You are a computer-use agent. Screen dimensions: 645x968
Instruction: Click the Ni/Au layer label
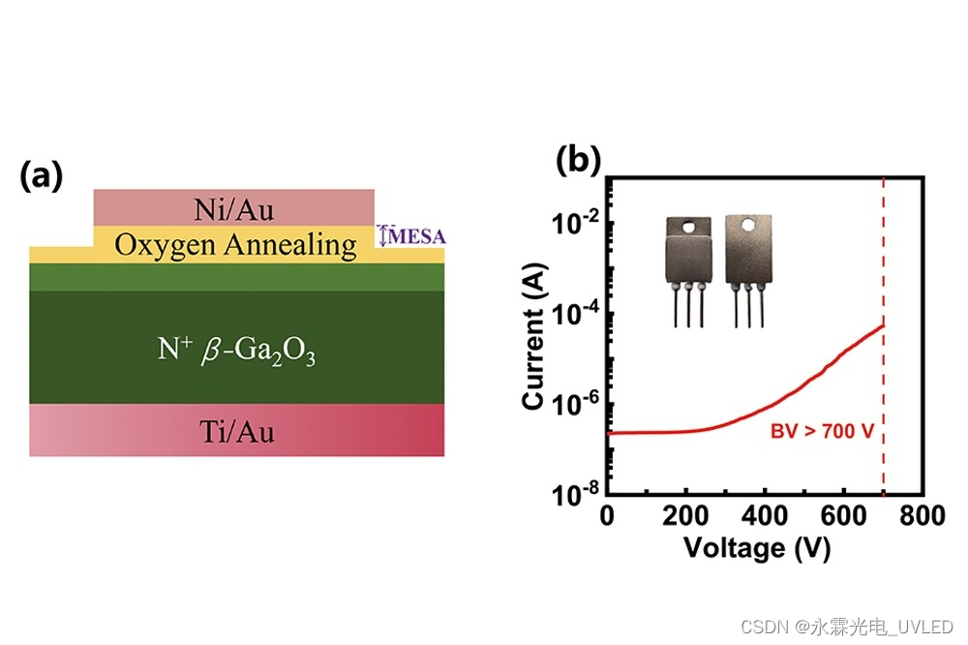point(233,207)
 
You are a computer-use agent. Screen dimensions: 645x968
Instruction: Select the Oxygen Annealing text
point(235,245)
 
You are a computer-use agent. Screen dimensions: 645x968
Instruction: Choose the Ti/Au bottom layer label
point(236,431)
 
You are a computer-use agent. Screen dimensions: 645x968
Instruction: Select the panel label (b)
point(578,160)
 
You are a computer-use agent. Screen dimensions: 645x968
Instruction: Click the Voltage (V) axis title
point(757,548)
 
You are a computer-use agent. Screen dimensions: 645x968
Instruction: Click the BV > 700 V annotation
point(822,430)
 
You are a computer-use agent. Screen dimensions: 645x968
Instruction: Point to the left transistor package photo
point(688,267)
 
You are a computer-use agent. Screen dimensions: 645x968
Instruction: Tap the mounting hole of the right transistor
point(746,227)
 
